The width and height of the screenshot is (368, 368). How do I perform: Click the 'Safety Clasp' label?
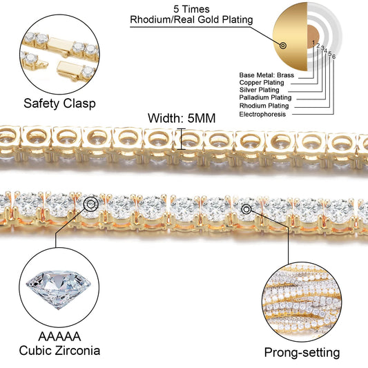(x=59, y=104)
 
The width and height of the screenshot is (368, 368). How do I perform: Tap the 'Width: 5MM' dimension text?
(x=182, y=118)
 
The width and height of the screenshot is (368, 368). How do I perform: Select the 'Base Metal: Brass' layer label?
(x=267, y=75)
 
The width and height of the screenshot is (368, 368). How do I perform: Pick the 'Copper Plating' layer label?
(x=262, y=83)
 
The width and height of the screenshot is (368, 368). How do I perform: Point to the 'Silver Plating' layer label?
(x=259, y=90)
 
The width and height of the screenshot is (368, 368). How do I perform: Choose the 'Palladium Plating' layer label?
(x=265, y=97)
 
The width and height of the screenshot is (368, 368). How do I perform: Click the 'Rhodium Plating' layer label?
(x=264, y=106)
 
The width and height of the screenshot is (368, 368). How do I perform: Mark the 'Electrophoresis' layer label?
(x=262, y=115)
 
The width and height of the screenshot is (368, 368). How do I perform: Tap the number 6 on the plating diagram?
(x=333, y=57)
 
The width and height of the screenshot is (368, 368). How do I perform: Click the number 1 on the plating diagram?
(x=313, y=43)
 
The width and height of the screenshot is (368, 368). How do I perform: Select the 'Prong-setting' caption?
(x=302, y=353)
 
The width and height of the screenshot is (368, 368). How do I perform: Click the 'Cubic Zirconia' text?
(x=59, y=351)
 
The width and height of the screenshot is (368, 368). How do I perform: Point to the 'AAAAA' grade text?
(x=59, y=336)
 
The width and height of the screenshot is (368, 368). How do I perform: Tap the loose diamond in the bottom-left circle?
(x=58, y=289)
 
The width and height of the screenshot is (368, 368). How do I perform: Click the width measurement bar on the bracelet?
(x=181, y=139)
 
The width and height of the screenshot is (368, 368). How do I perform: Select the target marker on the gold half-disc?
(x=283, y=46)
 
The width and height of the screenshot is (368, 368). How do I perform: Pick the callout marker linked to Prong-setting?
(x=246, y=209)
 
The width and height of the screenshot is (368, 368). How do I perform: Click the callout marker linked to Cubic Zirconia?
(x=91, y=204)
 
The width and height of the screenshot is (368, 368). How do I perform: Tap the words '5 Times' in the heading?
(x=191, y=10)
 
